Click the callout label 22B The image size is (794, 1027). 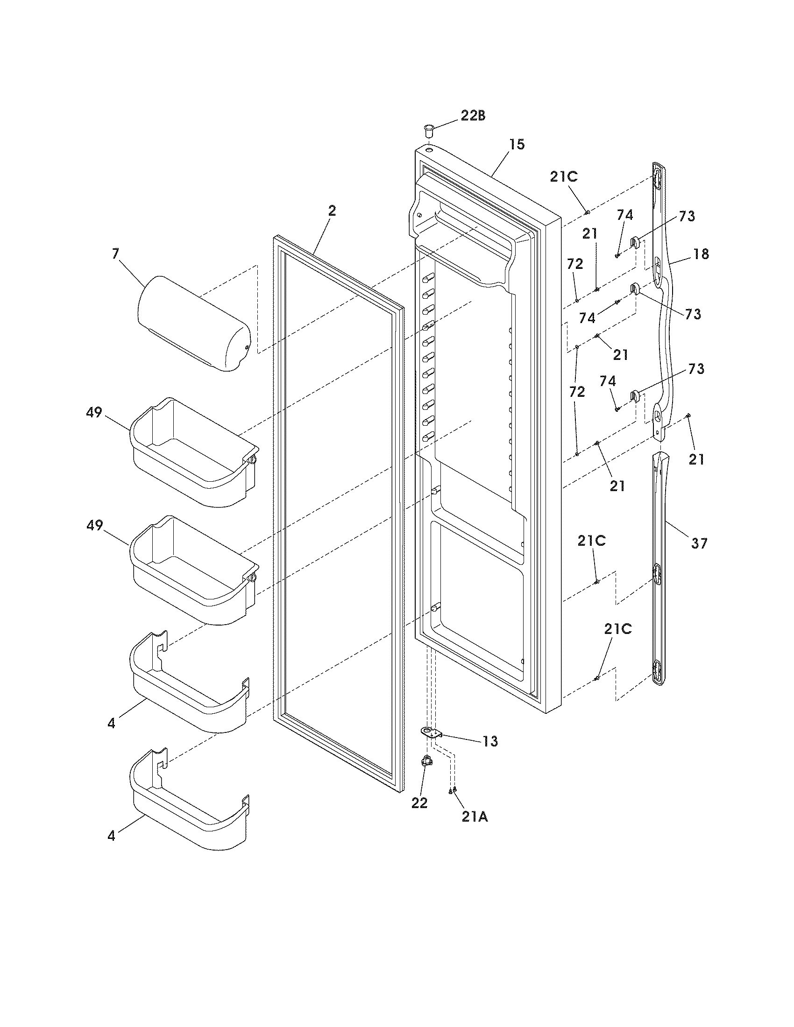click(473, 116)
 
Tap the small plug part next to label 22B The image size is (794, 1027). click(428, 130)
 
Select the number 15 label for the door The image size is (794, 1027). click(517, 145)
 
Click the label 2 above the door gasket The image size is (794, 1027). click(332, 211)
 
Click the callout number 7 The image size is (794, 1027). click(116, 254)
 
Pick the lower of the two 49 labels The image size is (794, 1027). click(94, 526)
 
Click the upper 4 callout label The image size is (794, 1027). click(111, 723)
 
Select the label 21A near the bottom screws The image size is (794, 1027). click(475, 817)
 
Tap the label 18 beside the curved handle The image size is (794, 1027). click(701, 254)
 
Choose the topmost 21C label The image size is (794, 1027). click(564, 177)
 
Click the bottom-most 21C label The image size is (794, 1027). click(618, 629)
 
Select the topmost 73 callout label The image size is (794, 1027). click(687, 216)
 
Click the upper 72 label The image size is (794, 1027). click(575, 264)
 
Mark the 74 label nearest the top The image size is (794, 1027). click(625, 215)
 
